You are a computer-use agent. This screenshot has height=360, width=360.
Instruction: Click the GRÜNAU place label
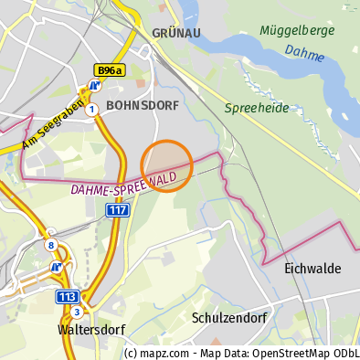coord(176,33)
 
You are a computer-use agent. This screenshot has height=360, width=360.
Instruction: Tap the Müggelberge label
coord(297,30)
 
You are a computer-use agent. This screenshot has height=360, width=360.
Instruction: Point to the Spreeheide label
coord(257,108)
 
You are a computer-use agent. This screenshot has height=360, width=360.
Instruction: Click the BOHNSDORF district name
coord(143,105)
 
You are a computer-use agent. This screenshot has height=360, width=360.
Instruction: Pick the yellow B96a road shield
coord(110,69)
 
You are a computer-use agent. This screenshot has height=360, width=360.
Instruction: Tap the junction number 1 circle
coord(92,110)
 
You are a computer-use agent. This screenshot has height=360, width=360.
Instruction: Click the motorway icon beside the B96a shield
coord(93,89)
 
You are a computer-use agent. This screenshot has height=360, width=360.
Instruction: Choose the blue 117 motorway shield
coord(117,210)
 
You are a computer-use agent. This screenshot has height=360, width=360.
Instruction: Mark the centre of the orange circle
coord(166,165)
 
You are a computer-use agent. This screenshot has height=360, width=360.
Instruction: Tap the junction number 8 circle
coord(51,245)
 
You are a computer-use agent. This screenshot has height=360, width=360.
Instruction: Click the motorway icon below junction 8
coord(57,267)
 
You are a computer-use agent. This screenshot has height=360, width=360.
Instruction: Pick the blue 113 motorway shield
coord(67,296)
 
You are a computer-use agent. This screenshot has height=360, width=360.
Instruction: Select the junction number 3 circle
coord(77,312)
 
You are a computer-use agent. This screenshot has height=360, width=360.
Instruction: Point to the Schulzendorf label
coord(229,318)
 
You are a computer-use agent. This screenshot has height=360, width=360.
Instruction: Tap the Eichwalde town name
coord(312,269)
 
